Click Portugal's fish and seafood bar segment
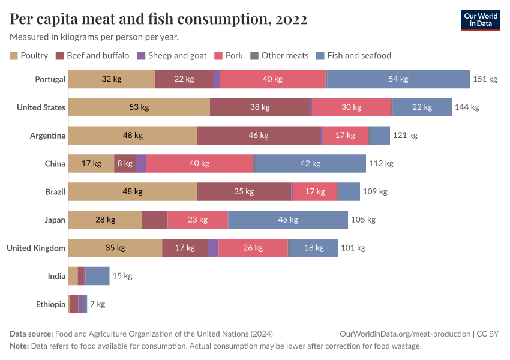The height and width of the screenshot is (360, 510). point(398,79)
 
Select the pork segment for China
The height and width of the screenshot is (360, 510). point(200,163)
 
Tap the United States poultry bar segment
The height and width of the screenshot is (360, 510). point(139,107)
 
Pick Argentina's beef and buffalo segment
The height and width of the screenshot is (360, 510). point(259,135)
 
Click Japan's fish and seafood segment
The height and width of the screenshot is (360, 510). point(288,220)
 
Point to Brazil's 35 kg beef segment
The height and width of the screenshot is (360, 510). point(244,191)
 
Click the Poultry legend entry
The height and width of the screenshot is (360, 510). point(29,56)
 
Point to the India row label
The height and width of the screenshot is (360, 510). point(56,276)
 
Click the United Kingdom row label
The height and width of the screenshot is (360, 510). point(36,248)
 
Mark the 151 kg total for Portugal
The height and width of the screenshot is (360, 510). point(485,79)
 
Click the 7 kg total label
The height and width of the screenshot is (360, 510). point(97,304)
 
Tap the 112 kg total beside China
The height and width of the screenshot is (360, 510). point(381,163)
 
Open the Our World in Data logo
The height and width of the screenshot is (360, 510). point(481,20)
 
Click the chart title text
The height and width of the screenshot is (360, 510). point(159,19)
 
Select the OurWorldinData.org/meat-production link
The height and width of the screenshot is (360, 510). point(405,334)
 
